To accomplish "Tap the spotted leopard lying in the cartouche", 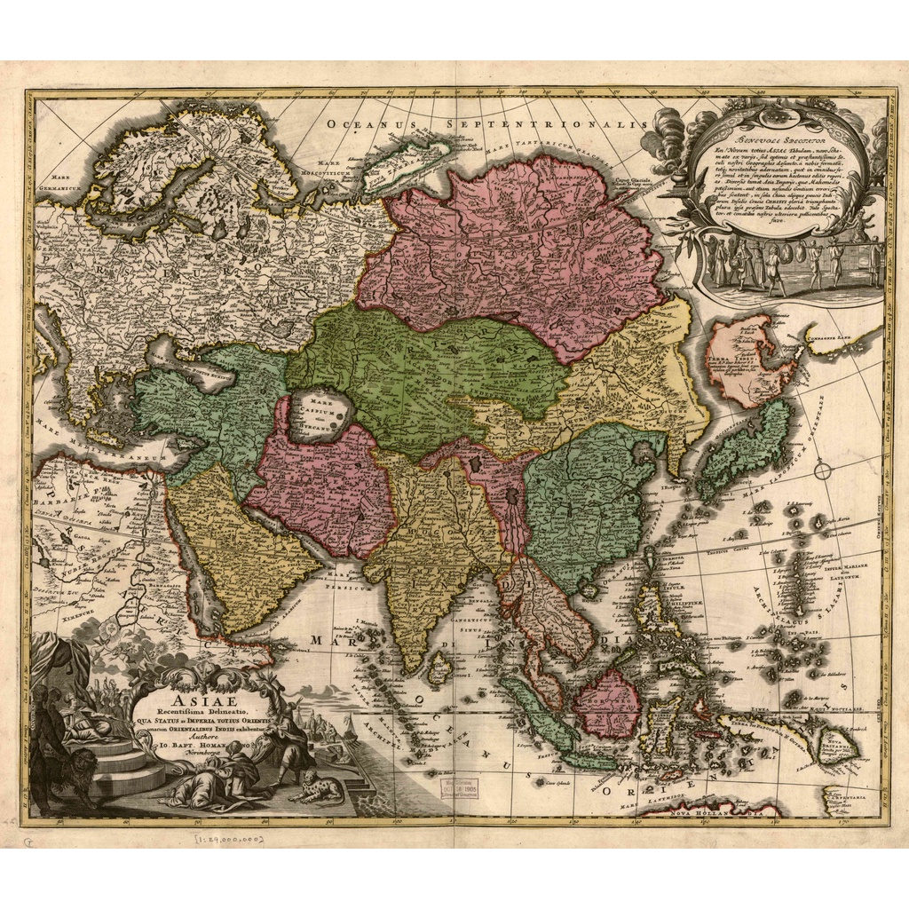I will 318,787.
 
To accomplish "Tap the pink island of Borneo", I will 609,702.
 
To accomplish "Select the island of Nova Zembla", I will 413,157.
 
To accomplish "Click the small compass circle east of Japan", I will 823,470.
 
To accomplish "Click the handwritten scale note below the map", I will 227,838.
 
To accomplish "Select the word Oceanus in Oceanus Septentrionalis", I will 370,123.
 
